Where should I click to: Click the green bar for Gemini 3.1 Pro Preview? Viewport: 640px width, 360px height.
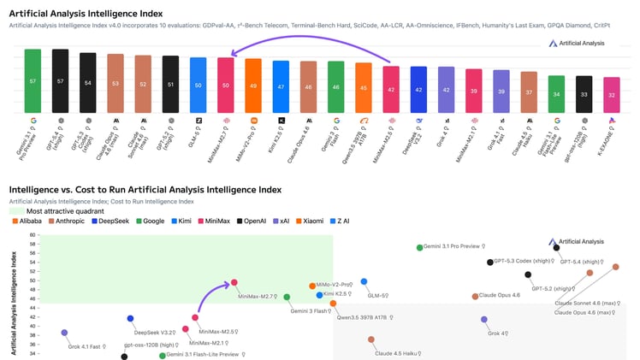tap(33, 80)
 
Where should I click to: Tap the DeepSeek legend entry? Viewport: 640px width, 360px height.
tap(127, 221)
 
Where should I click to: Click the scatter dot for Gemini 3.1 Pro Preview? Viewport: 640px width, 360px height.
tap(419, 248)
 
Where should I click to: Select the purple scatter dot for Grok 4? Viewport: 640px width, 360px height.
tap(484, 320)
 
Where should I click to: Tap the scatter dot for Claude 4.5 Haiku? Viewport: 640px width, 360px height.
tap(371, 339)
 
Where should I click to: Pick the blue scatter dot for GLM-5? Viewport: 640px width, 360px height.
tap(364, 281)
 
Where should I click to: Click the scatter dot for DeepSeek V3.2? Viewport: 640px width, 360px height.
tap(130, 319)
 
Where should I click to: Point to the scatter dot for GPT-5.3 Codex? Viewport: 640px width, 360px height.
tap(490, 263)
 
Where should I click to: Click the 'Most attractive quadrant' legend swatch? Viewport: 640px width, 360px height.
tap(15, 210)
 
